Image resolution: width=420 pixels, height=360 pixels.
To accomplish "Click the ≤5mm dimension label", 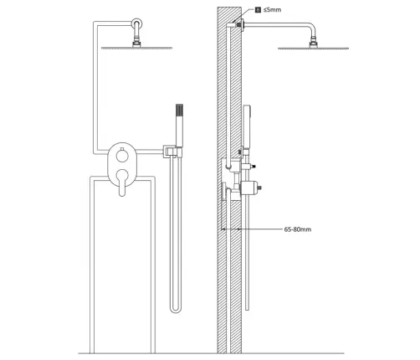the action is click(x=272, y=10).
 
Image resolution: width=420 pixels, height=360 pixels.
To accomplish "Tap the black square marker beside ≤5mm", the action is click(x=258, y=10).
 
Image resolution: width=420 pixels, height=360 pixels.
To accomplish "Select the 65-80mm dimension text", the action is click(x=298, y=229).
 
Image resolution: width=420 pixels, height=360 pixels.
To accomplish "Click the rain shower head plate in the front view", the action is click(x=136, y=48).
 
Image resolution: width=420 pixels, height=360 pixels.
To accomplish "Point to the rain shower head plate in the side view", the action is click(x=314, y=49).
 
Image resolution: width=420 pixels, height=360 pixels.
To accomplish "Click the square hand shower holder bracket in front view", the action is click(x=169, y=152).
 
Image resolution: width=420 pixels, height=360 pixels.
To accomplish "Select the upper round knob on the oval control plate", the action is click(x=122, y=155).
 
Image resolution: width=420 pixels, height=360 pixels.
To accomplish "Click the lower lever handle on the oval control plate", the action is click(x=122, y=182).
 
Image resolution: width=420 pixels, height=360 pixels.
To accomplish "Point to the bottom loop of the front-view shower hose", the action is click(x=176, y=310).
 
